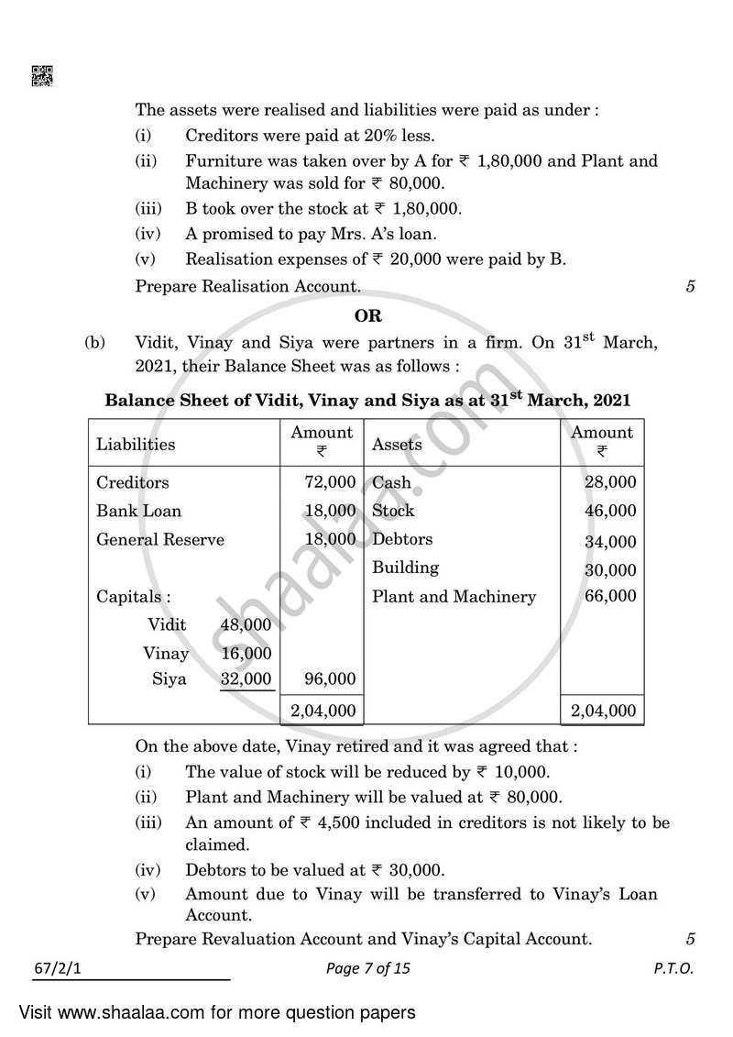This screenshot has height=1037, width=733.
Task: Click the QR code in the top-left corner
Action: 42,76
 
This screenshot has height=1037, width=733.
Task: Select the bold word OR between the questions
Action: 367,315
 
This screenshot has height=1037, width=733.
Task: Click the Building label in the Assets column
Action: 405,568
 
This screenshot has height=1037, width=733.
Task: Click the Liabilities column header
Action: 136,445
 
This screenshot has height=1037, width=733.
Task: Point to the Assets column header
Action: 397,445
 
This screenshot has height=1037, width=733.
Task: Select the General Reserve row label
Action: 160,539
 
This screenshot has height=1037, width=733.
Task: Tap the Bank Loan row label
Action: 138,511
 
